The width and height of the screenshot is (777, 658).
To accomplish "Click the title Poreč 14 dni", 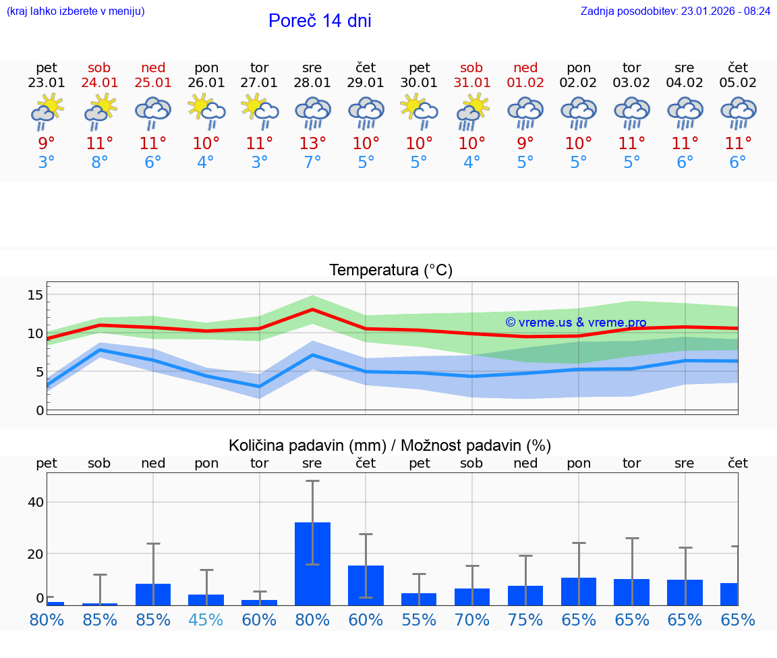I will pos(320,21).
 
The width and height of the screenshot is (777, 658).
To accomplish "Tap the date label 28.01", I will pos(312,83).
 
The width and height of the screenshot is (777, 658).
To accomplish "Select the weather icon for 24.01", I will pos(100,112).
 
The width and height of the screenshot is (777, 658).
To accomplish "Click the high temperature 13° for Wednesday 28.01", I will pos(312,144).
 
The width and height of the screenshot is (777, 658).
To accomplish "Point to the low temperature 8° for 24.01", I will pos(100,163).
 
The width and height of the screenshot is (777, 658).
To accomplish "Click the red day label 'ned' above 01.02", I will pos(525,67).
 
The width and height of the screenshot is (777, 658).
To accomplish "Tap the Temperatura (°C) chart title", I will pos(391,271).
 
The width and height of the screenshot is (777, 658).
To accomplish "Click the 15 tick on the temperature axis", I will pos(35,295).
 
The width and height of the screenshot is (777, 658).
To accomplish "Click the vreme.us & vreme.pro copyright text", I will pos(576,323).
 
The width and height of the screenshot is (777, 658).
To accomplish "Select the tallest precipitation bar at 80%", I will pos(312,564).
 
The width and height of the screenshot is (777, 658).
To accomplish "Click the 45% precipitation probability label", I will pos(206,620).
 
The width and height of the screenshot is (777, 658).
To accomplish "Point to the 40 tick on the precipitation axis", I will pos(35,502).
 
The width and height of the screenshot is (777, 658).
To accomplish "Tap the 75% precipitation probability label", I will pos(525,620).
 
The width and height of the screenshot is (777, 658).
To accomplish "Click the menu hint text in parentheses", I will pos(76,11).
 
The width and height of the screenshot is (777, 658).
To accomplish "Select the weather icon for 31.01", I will pos(472,112).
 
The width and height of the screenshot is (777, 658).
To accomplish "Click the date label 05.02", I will pos(738,83).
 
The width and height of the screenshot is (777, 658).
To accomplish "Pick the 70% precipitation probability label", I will pos(472,620).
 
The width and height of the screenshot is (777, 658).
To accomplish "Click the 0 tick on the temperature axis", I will pos(40,410).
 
